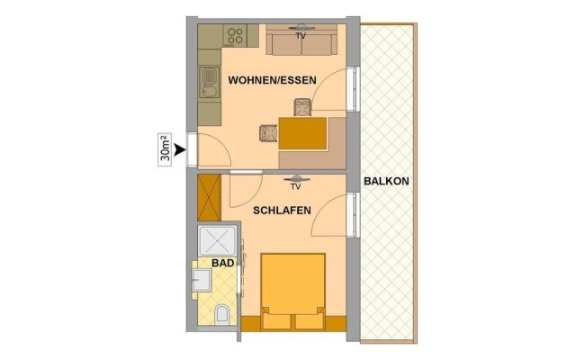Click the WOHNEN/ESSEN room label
pos(272,80)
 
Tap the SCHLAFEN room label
pos(282,211)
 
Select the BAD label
pos(223,263)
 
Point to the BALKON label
pos(386,181)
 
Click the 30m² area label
pos(165,149)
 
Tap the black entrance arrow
pos(180,149)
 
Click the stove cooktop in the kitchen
pos(235,36)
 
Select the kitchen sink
pos(210,83)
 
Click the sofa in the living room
pos(301,41)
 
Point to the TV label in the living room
pos(301,36)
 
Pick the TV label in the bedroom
pos(296,186)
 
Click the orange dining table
pos(302,133)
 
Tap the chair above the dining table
pos(303,107)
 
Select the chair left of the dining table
pos(268,133)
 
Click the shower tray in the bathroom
pos(217,240)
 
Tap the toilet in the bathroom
pos(221,314)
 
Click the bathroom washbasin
pos(202,280)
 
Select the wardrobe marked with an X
pos(210,198)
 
